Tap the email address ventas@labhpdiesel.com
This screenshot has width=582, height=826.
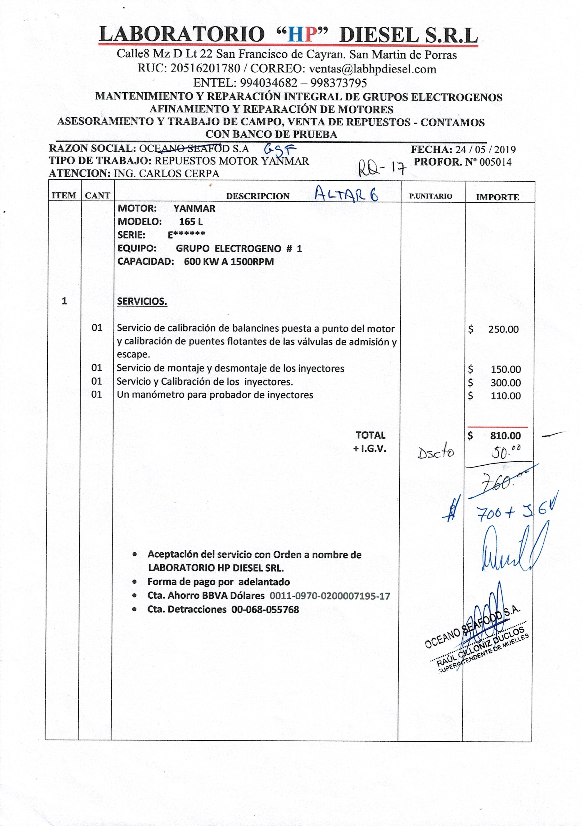click(x=372, y=69)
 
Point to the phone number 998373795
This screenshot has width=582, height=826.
click(x=339, y=83)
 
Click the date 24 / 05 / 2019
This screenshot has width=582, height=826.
click(x=485, y=150)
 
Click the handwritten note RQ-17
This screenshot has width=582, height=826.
click(x=382, y=168)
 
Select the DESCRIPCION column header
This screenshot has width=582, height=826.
click(x=257, y=196)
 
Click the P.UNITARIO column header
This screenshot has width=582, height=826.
click(x=431, y=196)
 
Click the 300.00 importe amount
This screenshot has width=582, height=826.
click(x=505, y=383)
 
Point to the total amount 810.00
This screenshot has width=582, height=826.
click(x=505, y=436)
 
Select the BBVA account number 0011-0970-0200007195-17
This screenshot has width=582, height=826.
click(x=330, y=596)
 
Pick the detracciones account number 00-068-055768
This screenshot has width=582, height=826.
click(x=265, y=610)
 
